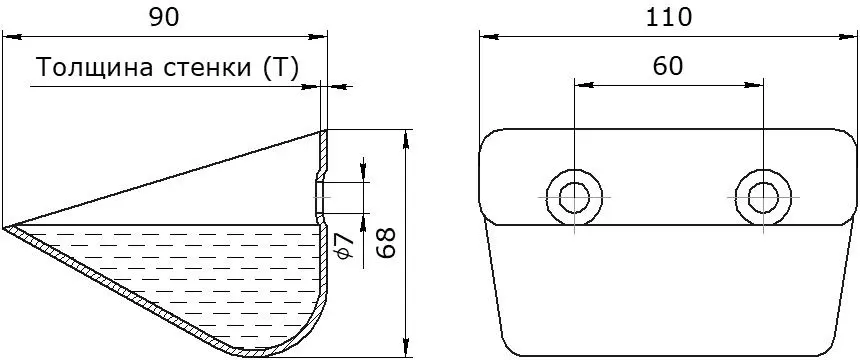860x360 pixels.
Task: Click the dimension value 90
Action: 165,18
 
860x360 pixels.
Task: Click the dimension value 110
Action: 669,18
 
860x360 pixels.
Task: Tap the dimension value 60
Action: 669,66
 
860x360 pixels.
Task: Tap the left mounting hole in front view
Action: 574,196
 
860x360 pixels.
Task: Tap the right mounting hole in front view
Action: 763,196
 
